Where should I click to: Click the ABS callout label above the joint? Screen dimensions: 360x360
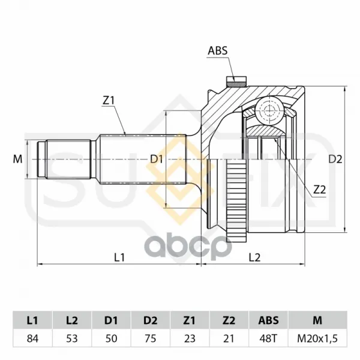coord(217,51)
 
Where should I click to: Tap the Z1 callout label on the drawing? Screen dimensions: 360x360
coord(109,101)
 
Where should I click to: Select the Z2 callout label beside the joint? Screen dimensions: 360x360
coord(320,190)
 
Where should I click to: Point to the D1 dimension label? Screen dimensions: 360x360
coord(157,159)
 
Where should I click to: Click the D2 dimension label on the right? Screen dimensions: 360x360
coord(335,159)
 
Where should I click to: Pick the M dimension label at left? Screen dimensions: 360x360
coord(17,159)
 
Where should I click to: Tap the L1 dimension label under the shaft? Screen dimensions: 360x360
coord(119,257)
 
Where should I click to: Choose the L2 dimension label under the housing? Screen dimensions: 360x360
coord(255,257)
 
